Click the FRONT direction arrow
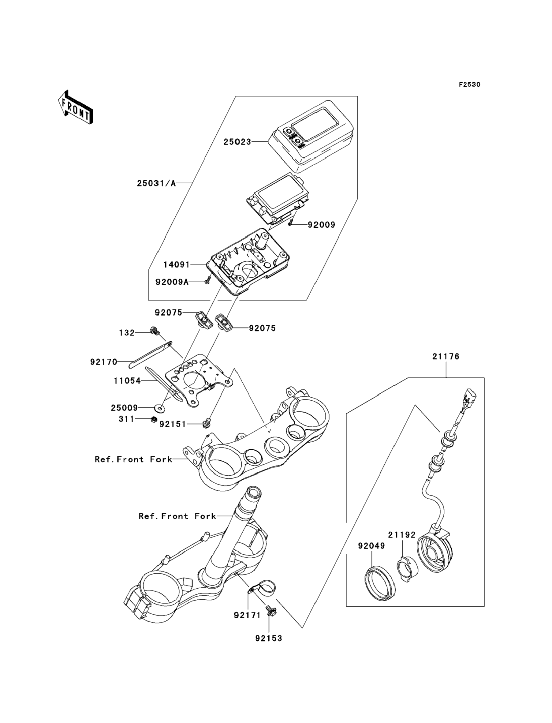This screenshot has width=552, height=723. click(x=75, y=107)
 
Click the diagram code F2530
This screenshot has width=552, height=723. click(x=469, y=84)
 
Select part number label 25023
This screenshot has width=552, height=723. click(x=237, y=142)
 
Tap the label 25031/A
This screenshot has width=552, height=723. click(x=156, y=183)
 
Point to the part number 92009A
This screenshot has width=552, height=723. click(x=172, y=282)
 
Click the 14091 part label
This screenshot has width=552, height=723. click(x=177, y=264)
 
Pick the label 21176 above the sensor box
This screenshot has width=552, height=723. click(x=446, y=356)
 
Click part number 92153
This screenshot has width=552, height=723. click(x=269, y=638)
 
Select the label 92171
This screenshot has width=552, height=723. click(x=247, y=615)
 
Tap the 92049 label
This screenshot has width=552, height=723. click(x=371, y=546)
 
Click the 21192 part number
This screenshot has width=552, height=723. click(x=402, y=535)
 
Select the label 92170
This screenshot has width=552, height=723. click(x=104, y=362)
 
